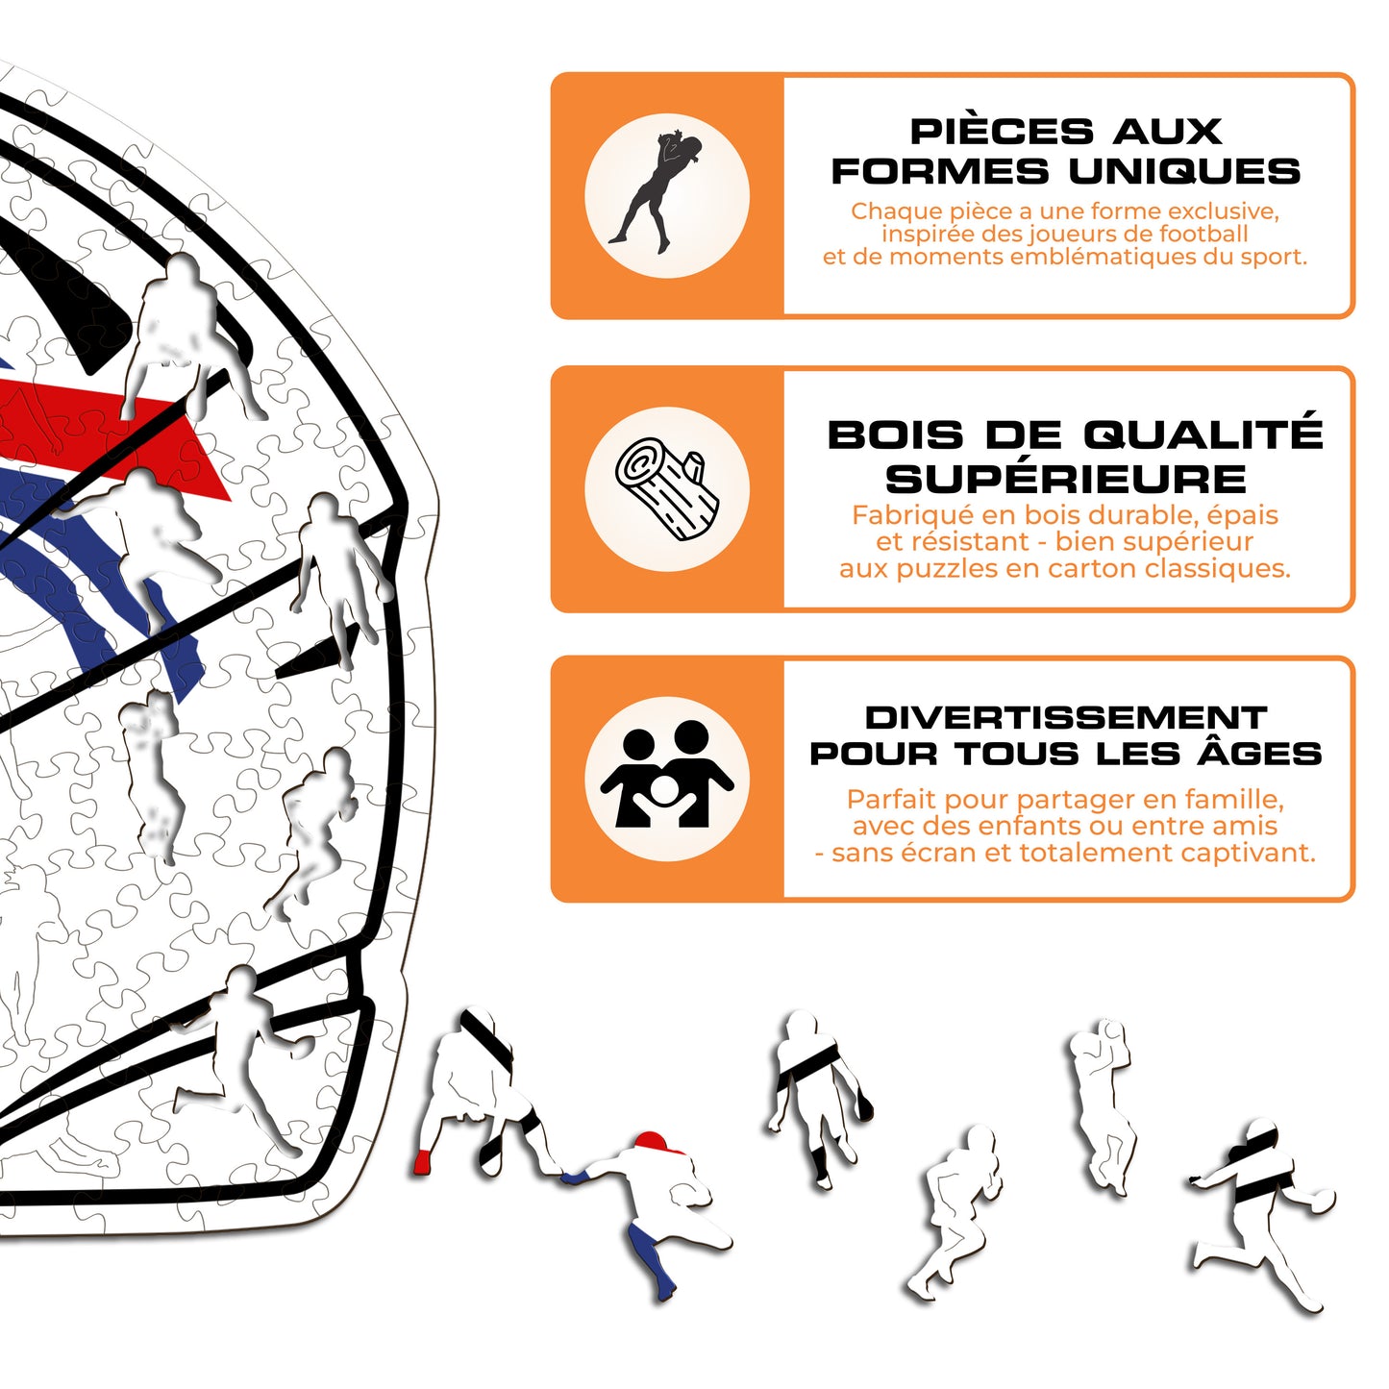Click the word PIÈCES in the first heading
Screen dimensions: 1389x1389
(1002, 132)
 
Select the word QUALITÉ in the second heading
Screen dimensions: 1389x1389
(1203, 434)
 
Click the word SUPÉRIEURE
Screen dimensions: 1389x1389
(1066, 480)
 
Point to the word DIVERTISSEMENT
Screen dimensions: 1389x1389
(1066, 717)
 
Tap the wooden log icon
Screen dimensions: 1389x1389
(667, 489)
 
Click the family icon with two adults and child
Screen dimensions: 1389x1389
(667, 776)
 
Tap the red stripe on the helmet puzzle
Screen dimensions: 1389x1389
(108, 433)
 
